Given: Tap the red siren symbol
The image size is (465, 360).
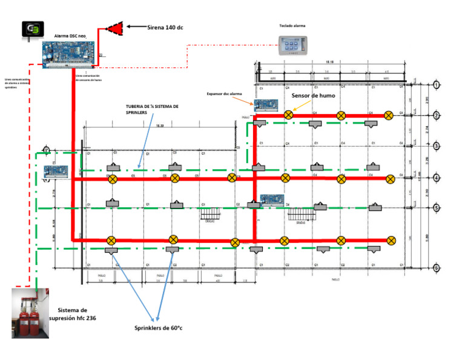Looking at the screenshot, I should click(x=114, y=27).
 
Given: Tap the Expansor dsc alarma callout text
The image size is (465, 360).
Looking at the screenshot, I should click(x=225, y=95).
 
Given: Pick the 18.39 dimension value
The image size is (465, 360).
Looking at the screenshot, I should click(x=160, y=126).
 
